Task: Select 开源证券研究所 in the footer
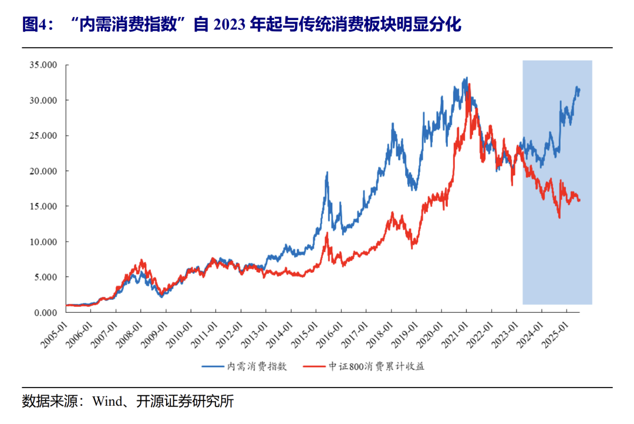185,402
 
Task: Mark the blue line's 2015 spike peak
327,172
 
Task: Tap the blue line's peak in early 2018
392,124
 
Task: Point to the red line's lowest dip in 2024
559,218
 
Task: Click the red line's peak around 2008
141,261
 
